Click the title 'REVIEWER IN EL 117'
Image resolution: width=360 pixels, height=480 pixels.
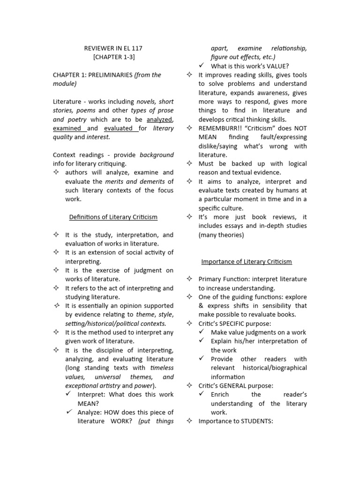tap(113, 48)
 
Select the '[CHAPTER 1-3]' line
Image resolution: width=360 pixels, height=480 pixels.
tap(113, 57)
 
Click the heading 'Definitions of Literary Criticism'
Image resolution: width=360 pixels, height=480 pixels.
tap(113, 217)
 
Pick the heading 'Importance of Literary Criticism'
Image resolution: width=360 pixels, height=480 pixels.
tap(246, 261)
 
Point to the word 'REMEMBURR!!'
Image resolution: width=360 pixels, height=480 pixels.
tap(218, 128)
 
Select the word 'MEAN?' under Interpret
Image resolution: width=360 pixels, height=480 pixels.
tap(87, 403)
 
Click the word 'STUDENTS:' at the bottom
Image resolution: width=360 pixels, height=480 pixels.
tap(257, 421)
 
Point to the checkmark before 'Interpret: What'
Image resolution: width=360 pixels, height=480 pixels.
tap(69, 394)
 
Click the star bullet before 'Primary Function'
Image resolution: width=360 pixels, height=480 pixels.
tap(189, 279)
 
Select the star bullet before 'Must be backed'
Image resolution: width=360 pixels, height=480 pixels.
tap(189, 164)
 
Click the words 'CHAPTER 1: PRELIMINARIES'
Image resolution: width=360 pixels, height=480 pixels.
tap(93, 75)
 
